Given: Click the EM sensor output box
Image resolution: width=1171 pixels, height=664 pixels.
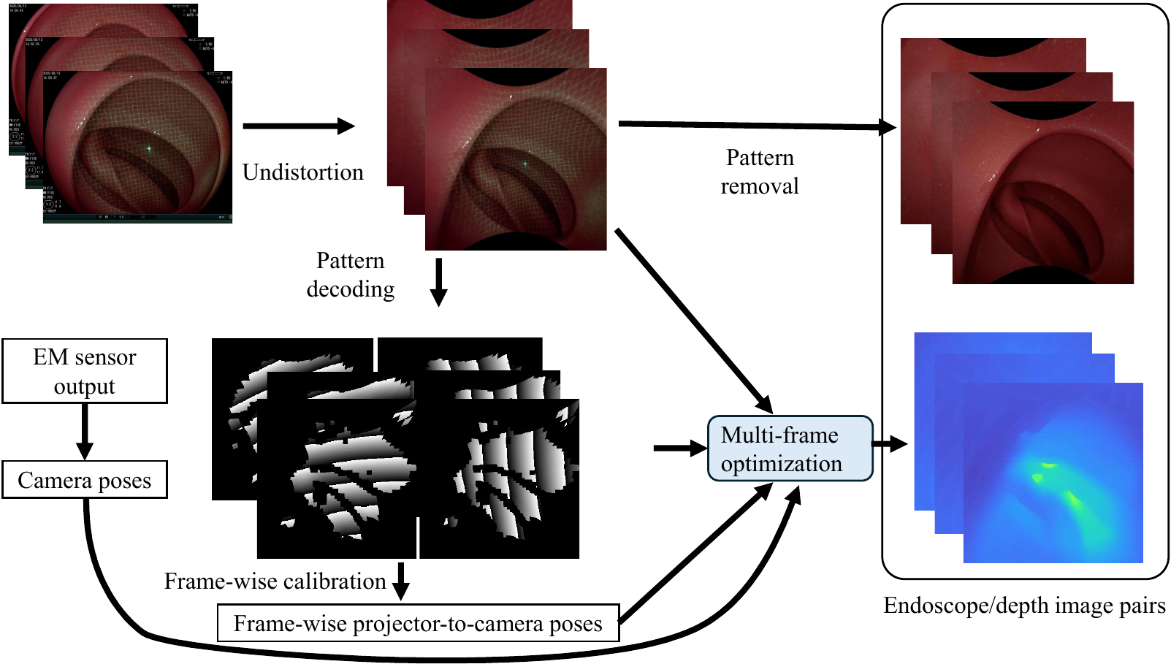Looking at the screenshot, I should [x=85, y=371].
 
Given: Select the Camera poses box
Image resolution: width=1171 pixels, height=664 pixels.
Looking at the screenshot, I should [x=85, y=480].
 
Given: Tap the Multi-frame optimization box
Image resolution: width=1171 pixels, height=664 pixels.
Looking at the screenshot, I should [x=790, y=449].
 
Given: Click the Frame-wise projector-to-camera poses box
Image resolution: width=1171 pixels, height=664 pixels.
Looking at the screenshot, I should [x=418, y=623].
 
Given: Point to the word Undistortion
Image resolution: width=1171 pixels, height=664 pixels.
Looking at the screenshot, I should [x=302, y=172].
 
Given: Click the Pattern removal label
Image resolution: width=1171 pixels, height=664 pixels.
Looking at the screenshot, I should [x=760, y=172].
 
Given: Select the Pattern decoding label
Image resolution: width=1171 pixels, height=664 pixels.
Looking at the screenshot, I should [x=351, y=275].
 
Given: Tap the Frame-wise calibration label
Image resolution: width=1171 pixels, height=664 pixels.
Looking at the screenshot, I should [x=275, y=581].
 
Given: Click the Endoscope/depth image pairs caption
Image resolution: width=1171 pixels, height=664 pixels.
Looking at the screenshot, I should [x=1024, y=606].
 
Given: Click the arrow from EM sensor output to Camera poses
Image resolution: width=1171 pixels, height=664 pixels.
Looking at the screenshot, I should [x=85, y=431].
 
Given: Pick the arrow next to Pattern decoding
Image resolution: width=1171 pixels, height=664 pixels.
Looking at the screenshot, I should [x=438, y=282].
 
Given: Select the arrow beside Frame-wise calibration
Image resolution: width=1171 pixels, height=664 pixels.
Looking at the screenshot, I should [x=400, y=581].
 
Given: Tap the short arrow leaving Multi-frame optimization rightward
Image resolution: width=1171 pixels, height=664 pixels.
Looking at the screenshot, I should [x=890, y=443].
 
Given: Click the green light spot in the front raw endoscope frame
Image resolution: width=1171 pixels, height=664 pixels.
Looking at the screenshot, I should [x=149, y=148].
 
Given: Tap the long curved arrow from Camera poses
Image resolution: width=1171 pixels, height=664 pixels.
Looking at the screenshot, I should [x=438, y=657].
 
